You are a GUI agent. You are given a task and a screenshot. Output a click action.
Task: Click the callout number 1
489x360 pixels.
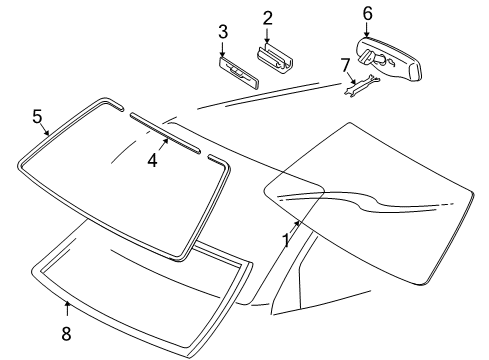[x=286, y=241]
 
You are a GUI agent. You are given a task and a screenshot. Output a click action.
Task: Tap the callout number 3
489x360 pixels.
[x=223, y=32]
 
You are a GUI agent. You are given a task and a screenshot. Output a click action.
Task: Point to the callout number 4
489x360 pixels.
[x=153, y=158]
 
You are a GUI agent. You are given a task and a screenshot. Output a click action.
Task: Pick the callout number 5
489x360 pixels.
[x=38, y=117]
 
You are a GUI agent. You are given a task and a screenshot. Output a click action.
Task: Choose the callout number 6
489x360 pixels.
[x=367, y=12]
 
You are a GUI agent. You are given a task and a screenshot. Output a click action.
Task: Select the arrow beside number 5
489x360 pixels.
[x=46, y=129]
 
